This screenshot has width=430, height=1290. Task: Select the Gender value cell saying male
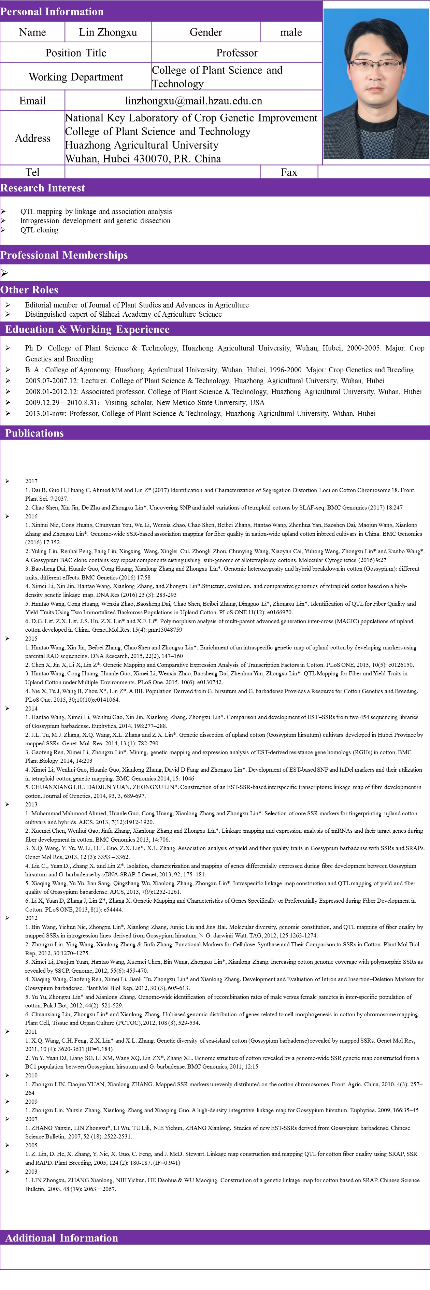[x=291, y=32]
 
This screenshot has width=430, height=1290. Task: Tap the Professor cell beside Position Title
[x=237, y=53]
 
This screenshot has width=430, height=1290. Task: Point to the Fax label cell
[x=289, y=172]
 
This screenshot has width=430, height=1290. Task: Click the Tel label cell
[x=32, y=172]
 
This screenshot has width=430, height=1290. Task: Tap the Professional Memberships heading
[x=64, y=255]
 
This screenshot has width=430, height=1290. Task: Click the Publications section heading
[x=34, y=433]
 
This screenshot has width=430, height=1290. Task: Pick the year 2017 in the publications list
[x=31, y=481]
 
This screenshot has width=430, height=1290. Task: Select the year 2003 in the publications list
[x=31, y=1171]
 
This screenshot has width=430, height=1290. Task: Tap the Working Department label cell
[x=75, y=77]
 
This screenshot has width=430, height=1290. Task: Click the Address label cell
[x=32, y=138]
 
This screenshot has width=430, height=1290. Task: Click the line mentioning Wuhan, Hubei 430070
[x=143, y=159]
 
